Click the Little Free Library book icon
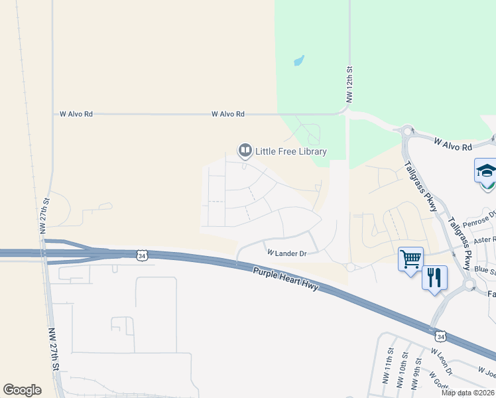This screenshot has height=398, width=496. (x=245, y=151)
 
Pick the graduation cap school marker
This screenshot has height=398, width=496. (x=486, y=171)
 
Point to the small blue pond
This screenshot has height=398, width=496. (x=299, y=61)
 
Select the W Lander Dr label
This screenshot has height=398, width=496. (x=286, y=253)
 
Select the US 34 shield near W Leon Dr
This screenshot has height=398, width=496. (x=442, y=336)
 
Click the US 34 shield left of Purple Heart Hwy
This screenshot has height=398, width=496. (x=141, y=254)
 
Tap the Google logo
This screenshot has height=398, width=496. (x=22, y=389)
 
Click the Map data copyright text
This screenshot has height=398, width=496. (x=467, y=393)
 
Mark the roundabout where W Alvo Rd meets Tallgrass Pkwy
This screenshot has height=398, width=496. (x=406, y=131)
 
